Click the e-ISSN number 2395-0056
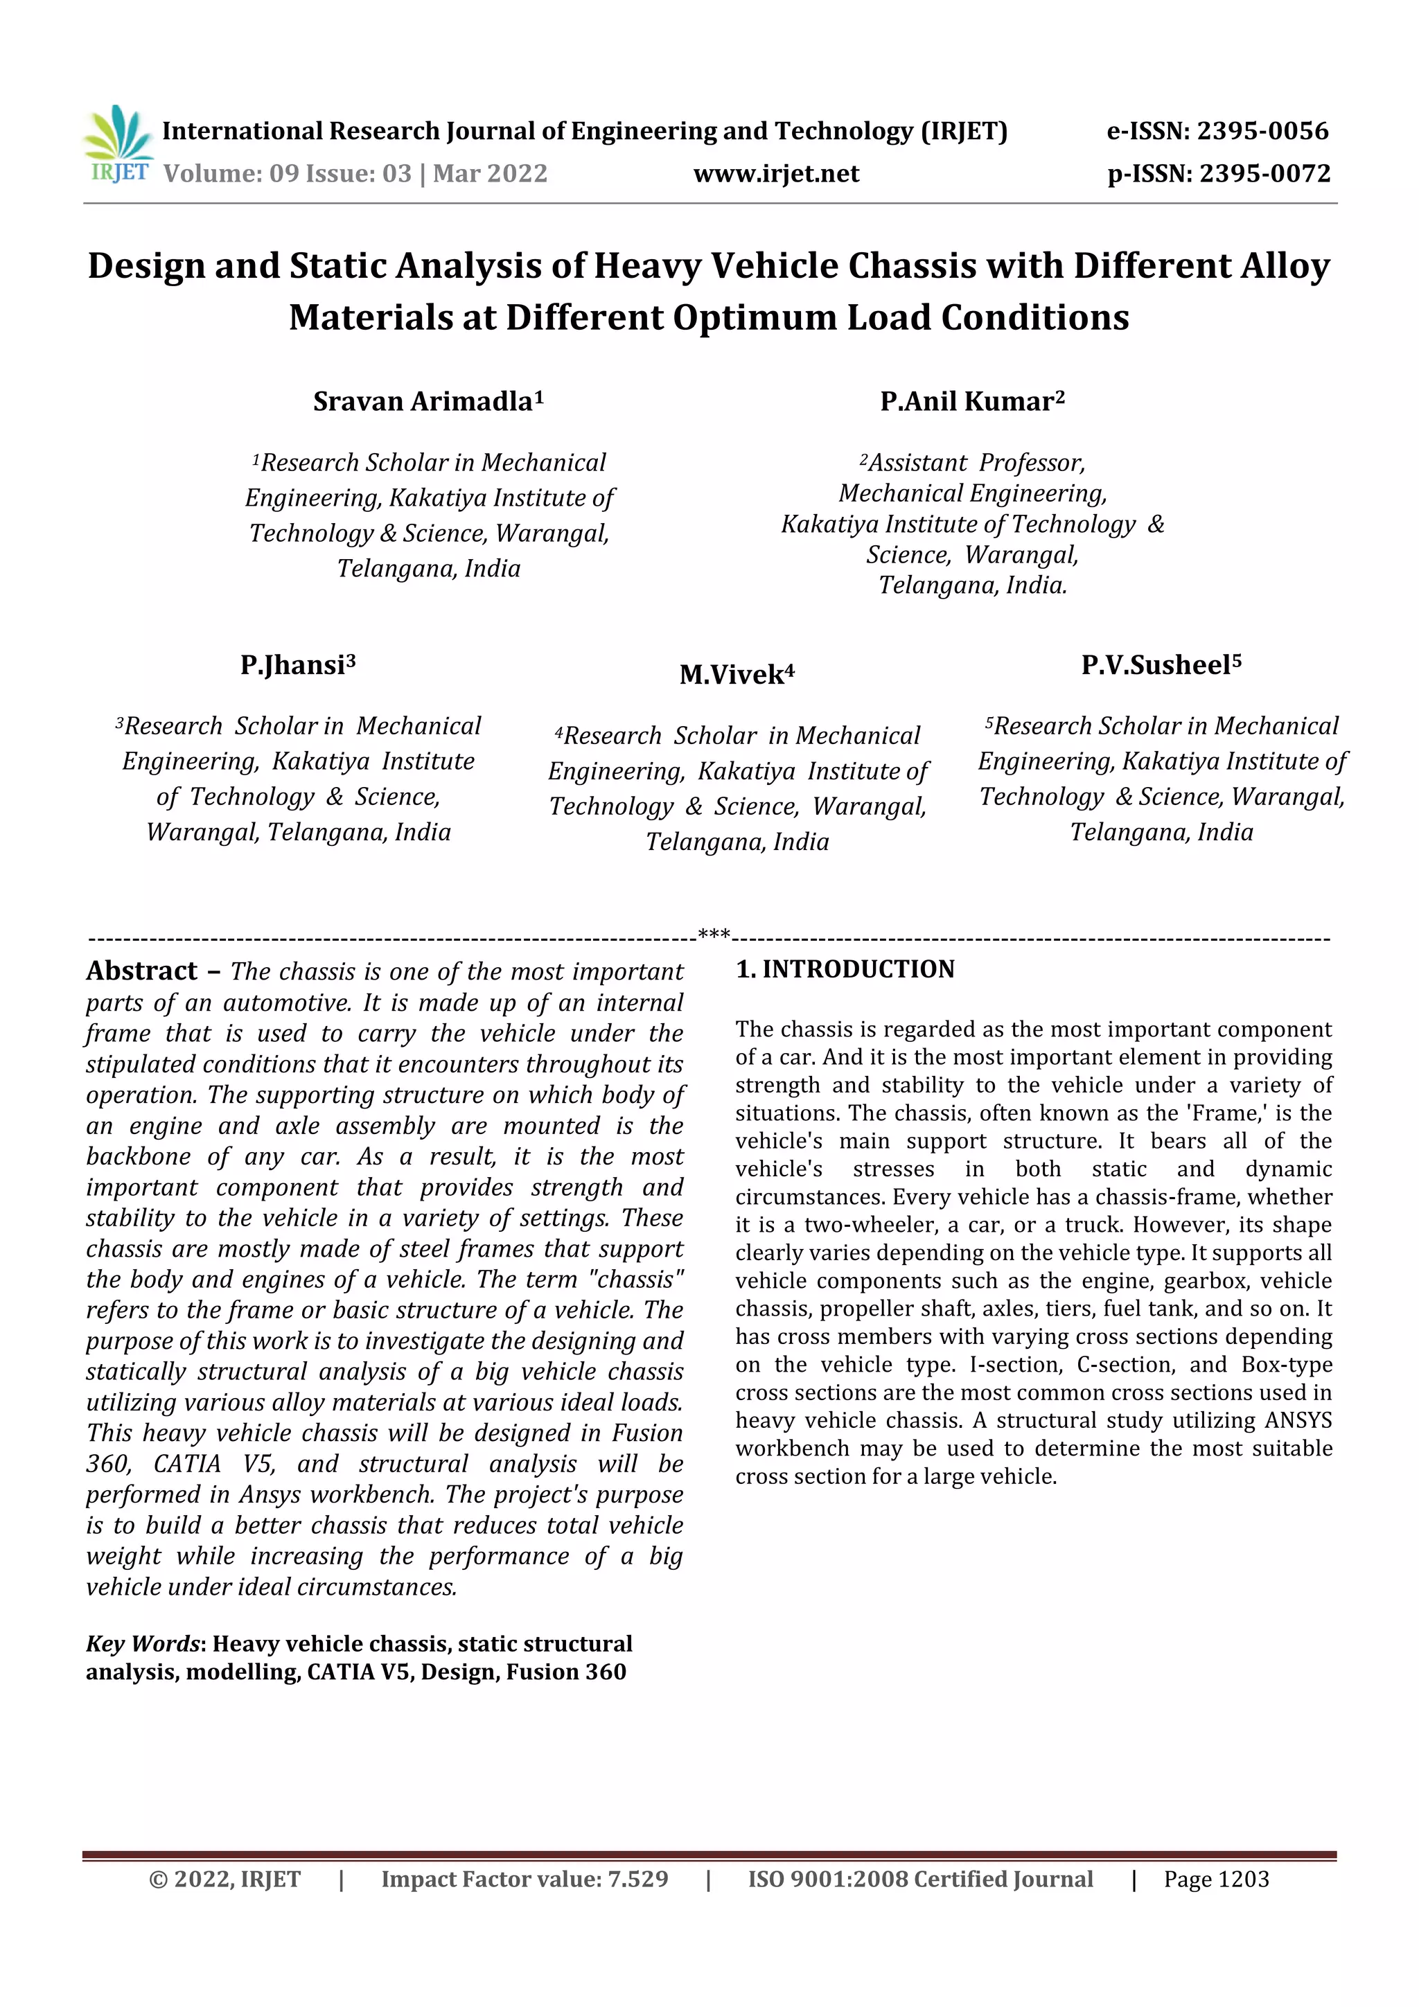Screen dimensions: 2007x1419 [1262, 131]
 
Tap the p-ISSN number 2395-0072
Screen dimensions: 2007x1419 [1264, 173]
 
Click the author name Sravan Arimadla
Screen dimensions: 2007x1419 [423, 401]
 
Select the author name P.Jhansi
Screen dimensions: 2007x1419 [293, 665]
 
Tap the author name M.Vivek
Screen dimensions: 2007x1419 [732, 675]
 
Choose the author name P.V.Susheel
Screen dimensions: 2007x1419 [1156, 665]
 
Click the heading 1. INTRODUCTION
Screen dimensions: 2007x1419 [845, 969]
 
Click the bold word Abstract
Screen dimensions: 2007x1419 [141, 971]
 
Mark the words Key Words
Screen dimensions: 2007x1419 [143, 1643]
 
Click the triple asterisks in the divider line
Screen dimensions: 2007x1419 [714, 935]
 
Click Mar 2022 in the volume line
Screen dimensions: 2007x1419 [490, 173]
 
